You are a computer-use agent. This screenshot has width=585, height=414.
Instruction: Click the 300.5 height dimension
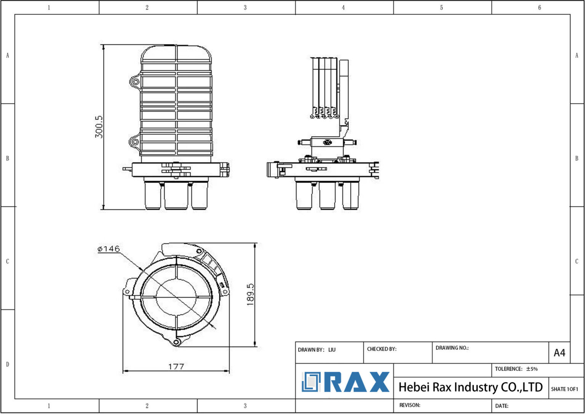99,127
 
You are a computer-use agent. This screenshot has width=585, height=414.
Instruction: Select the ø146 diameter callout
109,249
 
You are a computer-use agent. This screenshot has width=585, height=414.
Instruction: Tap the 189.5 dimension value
250,294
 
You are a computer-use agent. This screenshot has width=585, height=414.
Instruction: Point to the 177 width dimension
176,366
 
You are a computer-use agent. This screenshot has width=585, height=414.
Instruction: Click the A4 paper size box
559,353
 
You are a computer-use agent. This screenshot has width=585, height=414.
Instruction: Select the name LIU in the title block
332,350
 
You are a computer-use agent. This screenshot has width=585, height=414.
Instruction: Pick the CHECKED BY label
382,349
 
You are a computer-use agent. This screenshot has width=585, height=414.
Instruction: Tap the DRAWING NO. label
452,348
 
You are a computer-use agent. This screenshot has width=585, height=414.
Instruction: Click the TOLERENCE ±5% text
516,369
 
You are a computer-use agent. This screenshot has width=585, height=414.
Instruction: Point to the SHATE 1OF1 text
564,389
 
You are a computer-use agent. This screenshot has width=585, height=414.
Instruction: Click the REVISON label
409,405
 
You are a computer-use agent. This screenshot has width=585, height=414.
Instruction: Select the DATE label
502,406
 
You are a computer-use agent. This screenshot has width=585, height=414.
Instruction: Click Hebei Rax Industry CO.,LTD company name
470,387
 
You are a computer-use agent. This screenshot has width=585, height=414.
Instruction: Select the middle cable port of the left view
176,196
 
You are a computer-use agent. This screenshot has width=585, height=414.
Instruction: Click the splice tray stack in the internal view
324,86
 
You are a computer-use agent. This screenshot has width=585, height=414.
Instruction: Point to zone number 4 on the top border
343,7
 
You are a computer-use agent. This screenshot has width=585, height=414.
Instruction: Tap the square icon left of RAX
311,382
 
